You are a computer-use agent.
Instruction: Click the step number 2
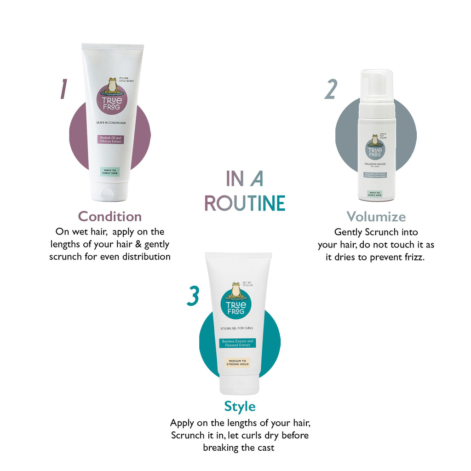(330, 89)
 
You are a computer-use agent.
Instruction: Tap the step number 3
(193, 296)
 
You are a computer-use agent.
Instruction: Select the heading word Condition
(109, 216)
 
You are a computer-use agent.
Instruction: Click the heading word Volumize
(376, 217)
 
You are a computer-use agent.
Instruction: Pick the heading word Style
(240, 407)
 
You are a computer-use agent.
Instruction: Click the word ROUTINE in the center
(244, 203)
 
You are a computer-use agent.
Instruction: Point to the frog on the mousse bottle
(374, 140)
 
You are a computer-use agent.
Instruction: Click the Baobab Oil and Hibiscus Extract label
(112, 140)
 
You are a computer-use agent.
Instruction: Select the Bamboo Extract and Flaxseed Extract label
(237, 344)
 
